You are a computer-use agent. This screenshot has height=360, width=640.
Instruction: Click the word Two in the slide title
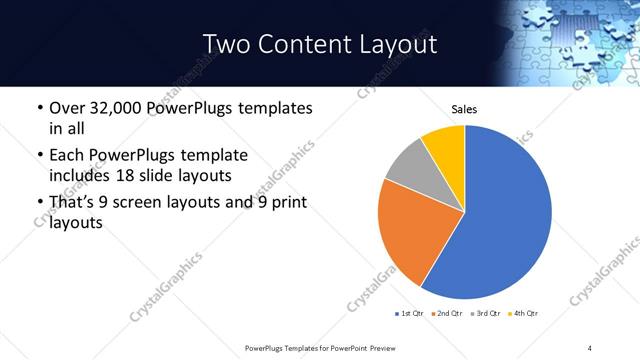227,44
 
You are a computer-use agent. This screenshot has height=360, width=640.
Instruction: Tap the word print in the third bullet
286,203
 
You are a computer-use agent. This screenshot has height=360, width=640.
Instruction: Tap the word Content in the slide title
301,44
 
